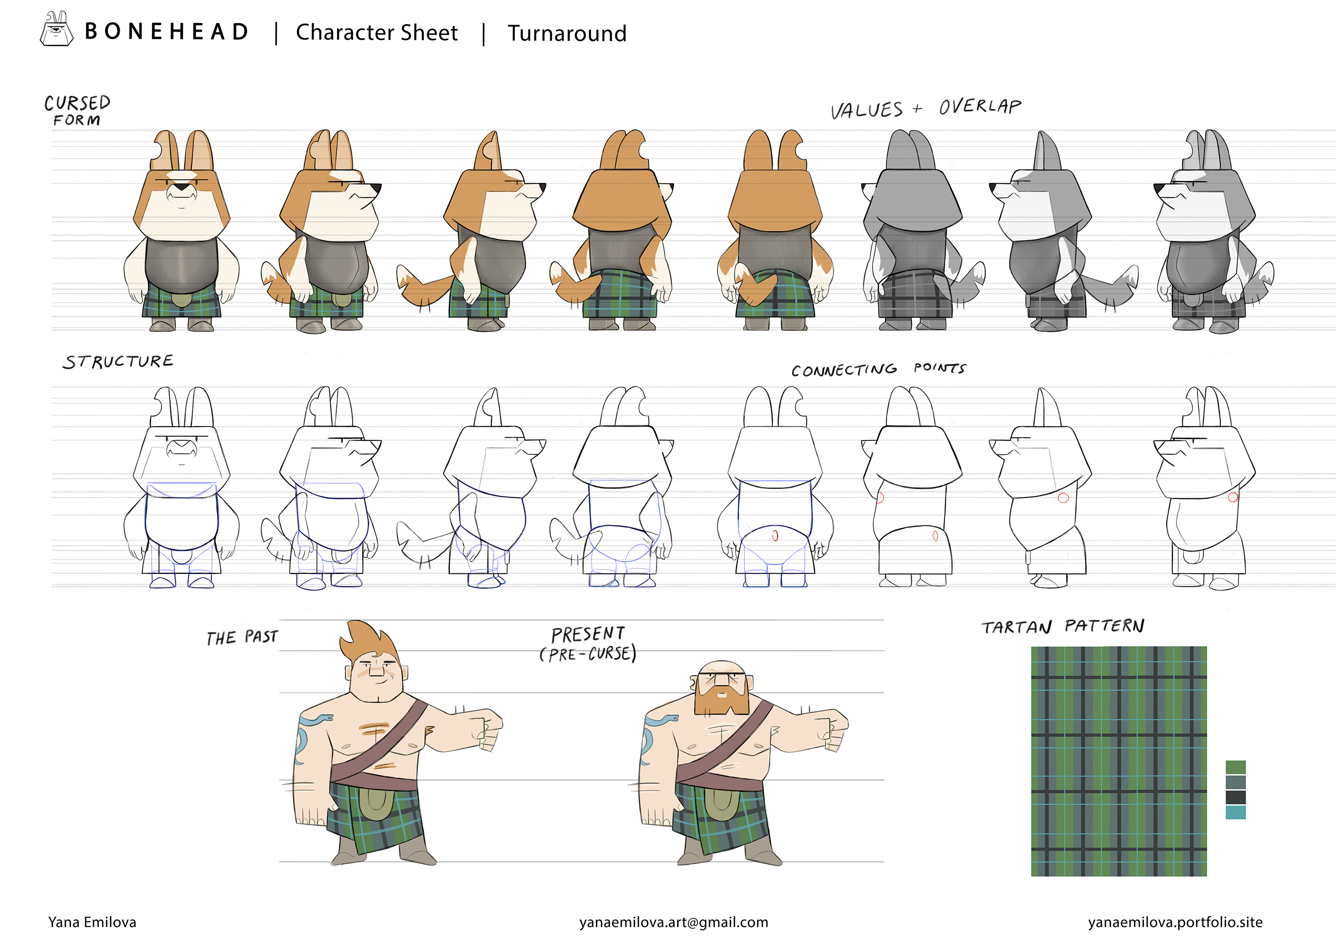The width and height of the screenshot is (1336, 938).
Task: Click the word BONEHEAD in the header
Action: [167, 32]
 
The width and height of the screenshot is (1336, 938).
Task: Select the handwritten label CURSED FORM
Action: [77, 111]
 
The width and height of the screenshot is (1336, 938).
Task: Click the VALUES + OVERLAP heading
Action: [926, 108]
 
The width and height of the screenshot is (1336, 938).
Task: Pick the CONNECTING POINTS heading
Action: [879, 369]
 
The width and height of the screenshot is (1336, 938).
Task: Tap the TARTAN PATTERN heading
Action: [1063, 626]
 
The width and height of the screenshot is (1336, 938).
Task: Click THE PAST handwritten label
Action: [242, 637]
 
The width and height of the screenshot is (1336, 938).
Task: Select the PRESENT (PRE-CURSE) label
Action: [588, 644]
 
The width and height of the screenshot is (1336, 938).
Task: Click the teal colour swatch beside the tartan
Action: [1235, 812]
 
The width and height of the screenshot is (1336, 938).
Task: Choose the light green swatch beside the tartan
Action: [1235, 767]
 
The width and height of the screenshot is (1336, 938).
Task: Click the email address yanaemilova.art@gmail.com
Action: [674, 922]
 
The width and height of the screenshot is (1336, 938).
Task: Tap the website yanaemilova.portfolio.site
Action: [1175, 922]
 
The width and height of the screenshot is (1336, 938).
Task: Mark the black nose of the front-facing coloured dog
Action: [182, 187]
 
